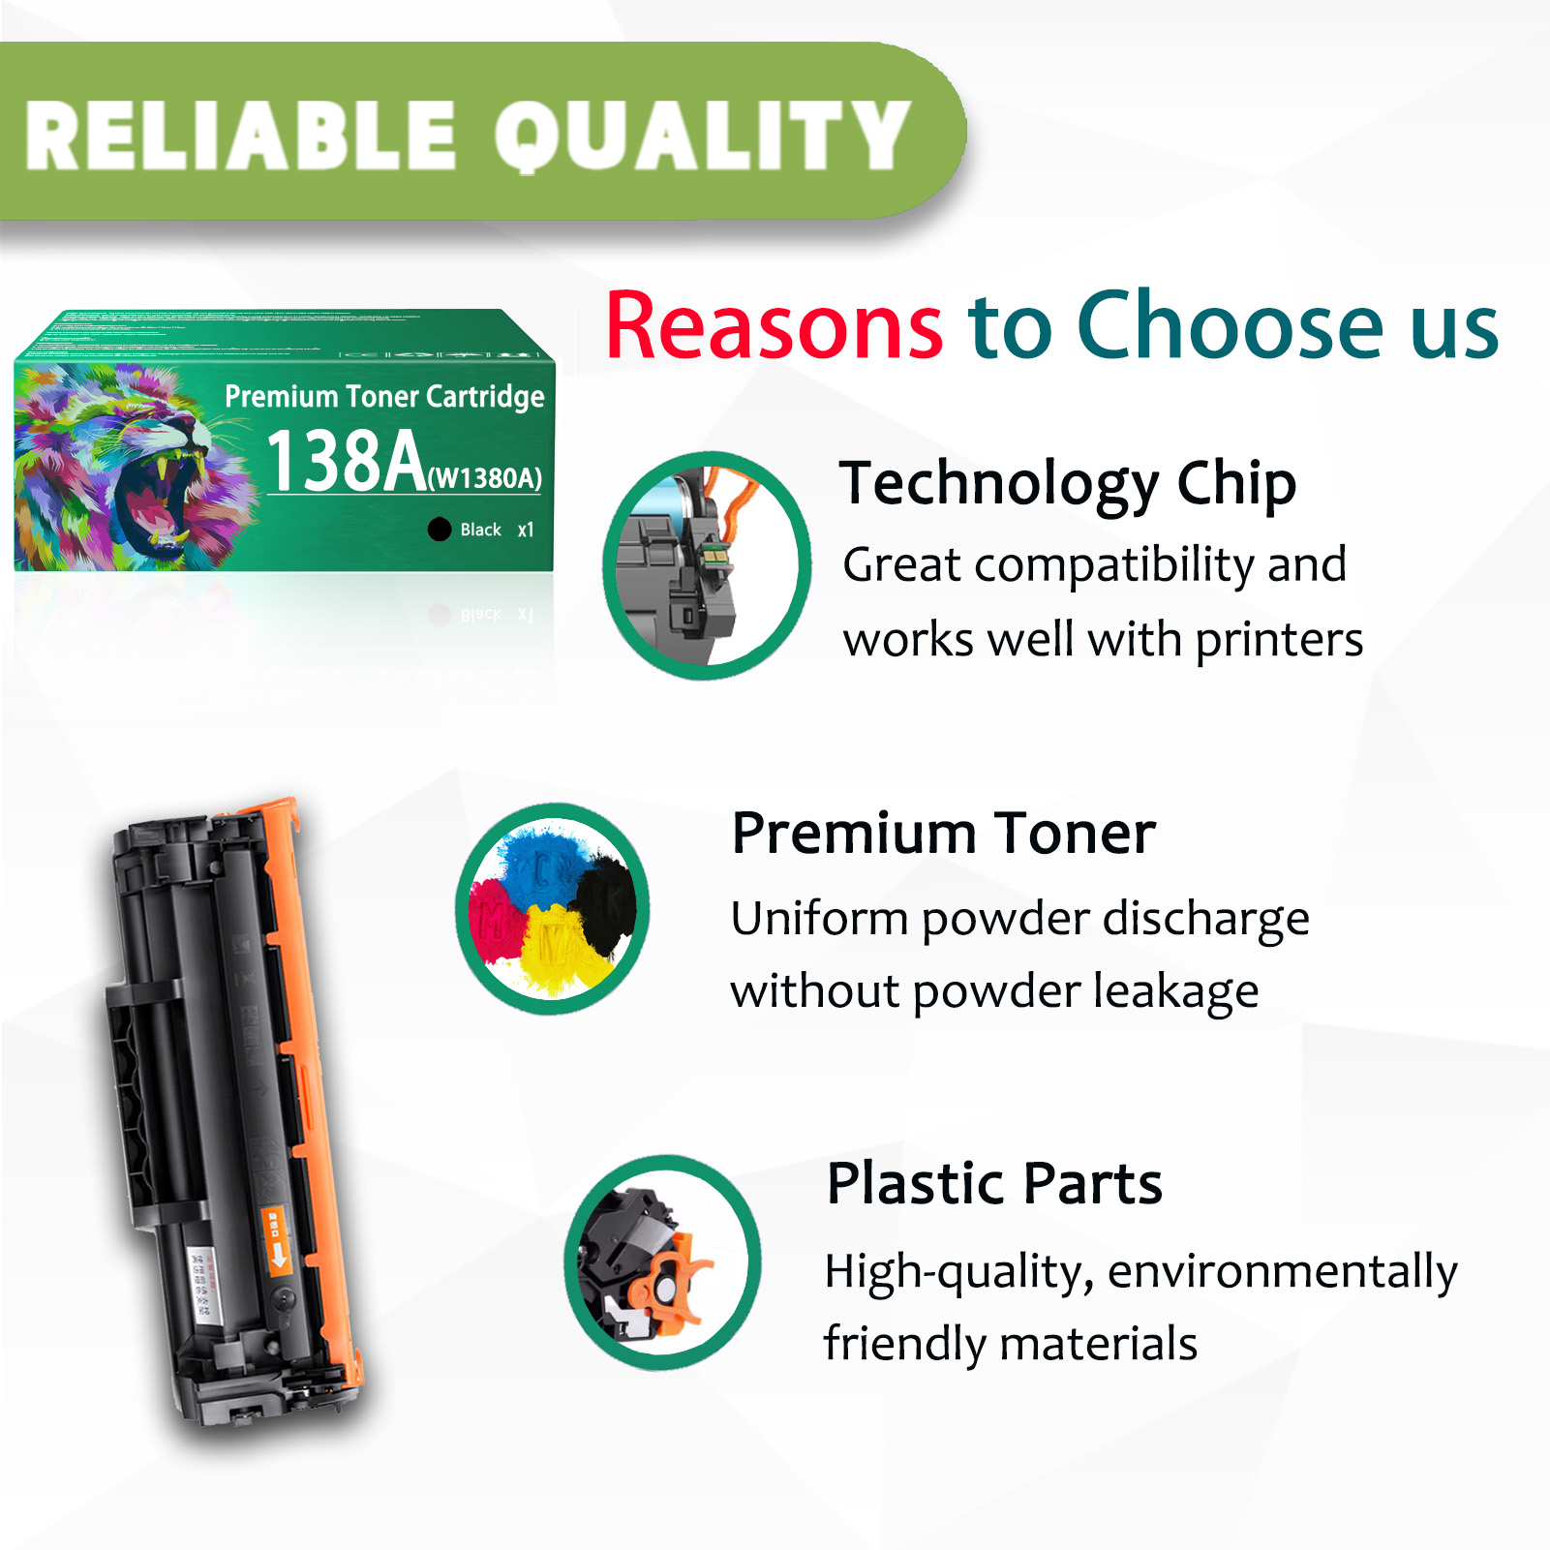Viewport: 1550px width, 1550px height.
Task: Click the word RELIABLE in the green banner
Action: click(240, 137)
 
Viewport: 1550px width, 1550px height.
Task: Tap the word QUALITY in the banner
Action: click(703, 137)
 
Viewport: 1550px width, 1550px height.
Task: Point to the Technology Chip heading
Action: click(1067, 483)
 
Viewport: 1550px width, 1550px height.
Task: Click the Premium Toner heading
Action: click(943, 834)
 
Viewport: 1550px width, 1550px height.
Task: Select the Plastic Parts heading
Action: click(993, 1183)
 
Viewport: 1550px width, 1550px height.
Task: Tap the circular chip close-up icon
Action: click(707, 565)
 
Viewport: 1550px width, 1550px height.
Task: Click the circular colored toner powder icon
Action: click(553, 908)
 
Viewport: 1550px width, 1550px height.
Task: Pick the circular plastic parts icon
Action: click(663, 1262)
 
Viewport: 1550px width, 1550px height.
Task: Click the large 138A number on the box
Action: click(346, 461)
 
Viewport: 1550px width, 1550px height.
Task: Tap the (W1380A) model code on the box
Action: click(485, 478)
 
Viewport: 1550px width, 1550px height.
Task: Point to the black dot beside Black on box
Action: click(440, 529)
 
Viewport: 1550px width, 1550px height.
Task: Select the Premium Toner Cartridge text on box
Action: click(384, 396)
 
